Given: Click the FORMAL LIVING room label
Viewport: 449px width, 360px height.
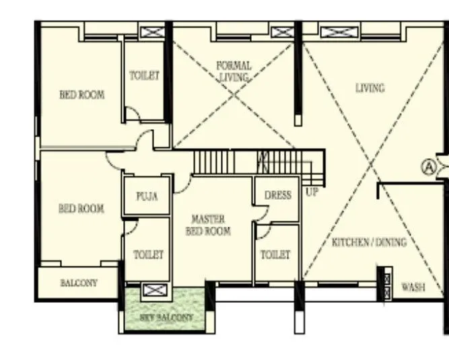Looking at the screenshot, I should pyautogui.click(x=234, y=71).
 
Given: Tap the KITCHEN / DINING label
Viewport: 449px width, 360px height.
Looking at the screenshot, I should pyautogui.click(x=369, y=242).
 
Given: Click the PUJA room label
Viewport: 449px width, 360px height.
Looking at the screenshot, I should pyautogui.click(x=146, y=196).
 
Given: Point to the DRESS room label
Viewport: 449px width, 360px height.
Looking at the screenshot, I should pyautogui.click(x=277, y=195).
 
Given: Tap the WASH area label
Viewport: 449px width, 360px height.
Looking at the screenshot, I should pyautogui.click(x=413, y=287).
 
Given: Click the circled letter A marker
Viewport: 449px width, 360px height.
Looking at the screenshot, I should pyautogui.click(x=427, y=166).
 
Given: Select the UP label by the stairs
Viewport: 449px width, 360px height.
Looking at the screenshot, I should pyautogui.click(x=312, y=192).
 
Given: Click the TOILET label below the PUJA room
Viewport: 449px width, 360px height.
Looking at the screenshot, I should pyautogui.click(x=148, y=255).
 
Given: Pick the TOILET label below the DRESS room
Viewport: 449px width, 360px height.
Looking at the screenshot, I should pyautogui.click(x=275, y=255).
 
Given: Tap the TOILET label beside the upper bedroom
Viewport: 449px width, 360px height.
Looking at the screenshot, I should pyautogui.click(x=145, y=76).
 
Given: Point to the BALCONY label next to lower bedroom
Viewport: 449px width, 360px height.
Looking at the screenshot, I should pyautogui.click(x=79, y=283).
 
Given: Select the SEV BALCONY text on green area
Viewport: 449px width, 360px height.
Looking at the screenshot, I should pyautogui.click(x=166, y=317).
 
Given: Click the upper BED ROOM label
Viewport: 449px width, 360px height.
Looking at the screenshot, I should pyautogui.click(x=82, y=95).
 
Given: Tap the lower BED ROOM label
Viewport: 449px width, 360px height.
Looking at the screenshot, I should pyautogui.click(x=81, y=209).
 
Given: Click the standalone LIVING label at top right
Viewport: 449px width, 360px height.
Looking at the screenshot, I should pyautogui.click(x=370, y=88).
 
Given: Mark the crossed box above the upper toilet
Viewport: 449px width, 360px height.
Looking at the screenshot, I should pyautogui.click(x=151, y=32).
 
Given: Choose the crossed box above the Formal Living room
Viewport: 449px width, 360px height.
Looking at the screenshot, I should pyautogui.click(x=281, y=31).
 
